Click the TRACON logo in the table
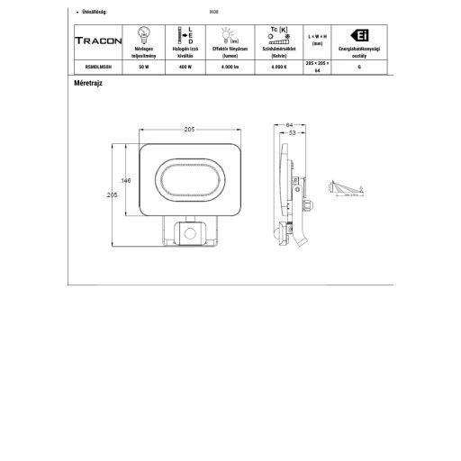point(95,41)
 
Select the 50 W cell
point(143,68)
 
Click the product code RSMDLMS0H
point(95,68)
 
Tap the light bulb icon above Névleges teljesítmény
point(143,32)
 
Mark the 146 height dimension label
point(126,182)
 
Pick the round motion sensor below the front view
point(191,234)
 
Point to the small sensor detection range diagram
point(348,186)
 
